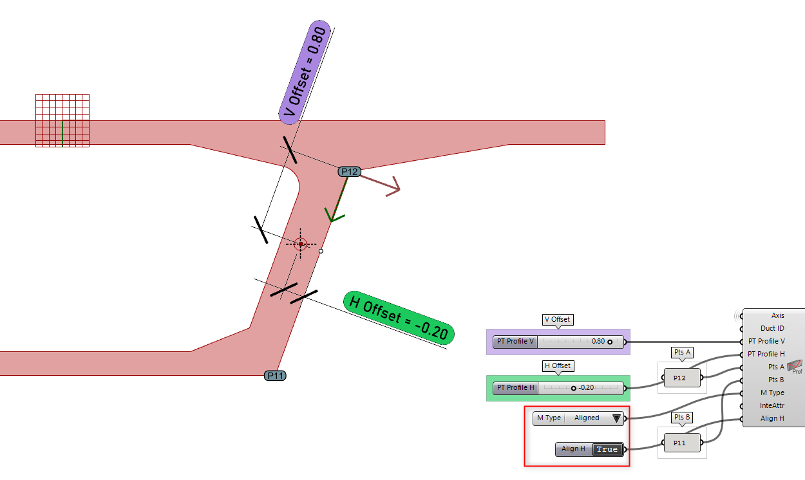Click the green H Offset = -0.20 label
tap(399, 316)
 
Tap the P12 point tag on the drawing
tap(349, 171)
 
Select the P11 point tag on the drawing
tap(275, 376)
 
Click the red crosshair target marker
tap(300, 244)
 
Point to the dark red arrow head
tap(393, 189)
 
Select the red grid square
tap(62, 120)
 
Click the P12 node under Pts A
tap(679, 378)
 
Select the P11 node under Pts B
tap(679, 443)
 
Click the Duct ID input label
tap(772, 328)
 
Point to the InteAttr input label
tap(772, 405)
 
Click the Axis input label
tap(777, 315)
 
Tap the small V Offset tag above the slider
tap(557, 319)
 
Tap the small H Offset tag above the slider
tap(557, 365)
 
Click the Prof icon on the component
tap(795, 367)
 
